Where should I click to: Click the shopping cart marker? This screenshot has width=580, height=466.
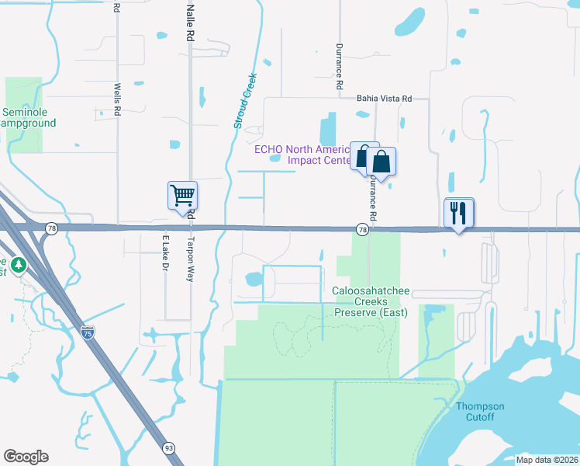click(183, 195)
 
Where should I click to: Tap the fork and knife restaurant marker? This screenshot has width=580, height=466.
click(458, 212)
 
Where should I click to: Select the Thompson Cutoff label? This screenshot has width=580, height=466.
click(480, 412)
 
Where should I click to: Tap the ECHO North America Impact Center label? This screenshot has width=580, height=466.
click(309, 155)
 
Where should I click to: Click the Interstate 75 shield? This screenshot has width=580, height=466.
click(89, 332)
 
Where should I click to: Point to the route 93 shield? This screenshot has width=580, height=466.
click(168, 448)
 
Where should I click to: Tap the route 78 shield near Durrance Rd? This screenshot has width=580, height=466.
click(362, 229)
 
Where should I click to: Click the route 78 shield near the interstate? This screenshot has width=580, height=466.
click(51, 228)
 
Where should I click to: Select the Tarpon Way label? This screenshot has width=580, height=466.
click(190, 259)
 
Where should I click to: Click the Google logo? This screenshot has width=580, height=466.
click(26, 457)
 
